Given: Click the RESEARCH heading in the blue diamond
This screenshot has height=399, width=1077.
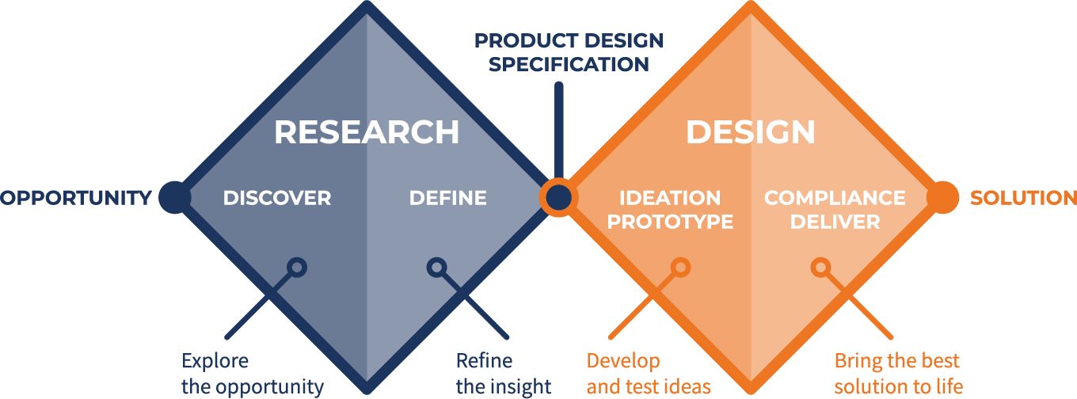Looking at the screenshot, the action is (367, 132).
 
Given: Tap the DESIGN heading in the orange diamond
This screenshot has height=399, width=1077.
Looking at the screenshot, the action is (751, 132).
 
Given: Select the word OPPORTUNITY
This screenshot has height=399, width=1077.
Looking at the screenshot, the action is (76, 198).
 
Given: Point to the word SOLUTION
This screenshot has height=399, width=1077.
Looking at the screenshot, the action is (1023, 198).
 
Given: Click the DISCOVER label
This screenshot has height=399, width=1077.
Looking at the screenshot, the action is (277, 198).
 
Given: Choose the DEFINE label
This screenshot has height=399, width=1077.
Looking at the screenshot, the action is (447, 198).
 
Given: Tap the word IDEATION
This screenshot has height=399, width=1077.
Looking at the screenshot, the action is (670, 198).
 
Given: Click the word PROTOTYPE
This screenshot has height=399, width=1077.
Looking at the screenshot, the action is (670, 222).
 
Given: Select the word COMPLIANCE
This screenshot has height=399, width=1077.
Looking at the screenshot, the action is (835, 198).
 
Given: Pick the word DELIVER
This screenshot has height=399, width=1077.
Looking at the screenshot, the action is (835, 222).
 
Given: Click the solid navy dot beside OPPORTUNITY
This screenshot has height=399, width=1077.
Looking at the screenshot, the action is (175, 198).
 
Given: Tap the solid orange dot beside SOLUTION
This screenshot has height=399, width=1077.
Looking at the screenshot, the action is (942, 198).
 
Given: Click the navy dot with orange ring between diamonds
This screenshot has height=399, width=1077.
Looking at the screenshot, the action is (559, 198).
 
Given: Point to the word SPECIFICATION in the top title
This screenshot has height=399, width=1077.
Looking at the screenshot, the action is (569, 64).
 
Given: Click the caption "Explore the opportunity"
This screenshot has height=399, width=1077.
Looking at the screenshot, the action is (253, 374).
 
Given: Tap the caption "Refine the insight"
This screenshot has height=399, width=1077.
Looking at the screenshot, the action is (504, 374).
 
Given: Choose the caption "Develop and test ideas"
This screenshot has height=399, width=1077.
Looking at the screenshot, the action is (649, 374).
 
